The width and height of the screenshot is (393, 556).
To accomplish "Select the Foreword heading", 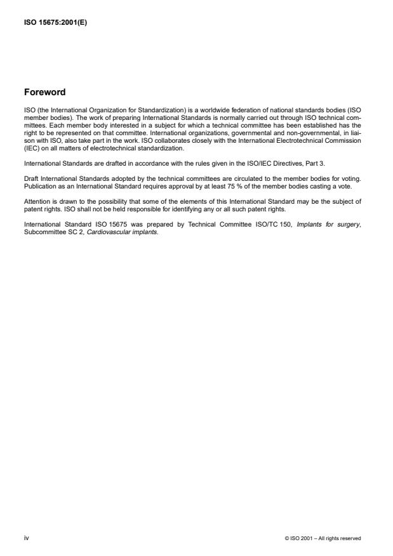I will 44,93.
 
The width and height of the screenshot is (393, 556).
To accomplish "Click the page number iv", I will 26,538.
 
